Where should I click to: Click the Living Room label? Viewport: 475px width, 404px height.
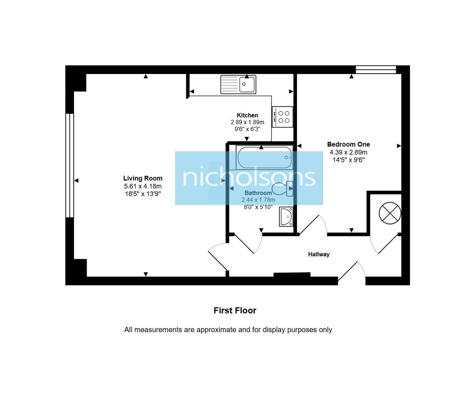pos(142,178)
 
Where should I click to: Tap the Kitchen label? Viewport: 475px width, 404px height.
pos(247,115)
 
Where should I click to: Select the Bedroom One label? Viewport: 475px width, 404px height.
pos(348,144)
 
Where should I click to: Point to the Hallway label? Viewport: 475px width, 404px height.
pos(319,254)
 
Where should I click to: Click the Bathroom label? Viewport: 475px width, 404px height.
pos(258,193)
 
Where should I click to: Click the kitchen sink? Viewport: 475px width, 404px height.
pos(238,84)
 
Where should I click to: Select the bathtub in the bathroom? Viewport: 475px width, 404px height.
pos(264,157)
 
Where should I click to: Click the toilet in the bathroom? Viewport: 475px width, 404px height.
pos(283,189)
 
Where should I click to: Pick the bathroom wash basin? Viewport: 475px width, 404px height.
pos(286,217)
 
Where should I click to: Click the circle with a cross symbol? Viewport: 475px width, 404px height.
pos(390,214)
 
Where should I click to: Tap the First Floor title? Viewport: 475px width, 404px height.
pos(235,310)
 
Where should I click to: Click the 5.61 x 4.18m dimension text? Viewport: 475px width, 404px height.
pos(142,186)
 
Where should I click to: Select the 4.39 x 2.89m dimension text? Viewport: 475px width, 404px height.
pos(348,152)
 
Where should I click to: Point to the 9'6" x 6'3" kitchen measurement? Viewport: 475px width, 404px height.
pos(247,129)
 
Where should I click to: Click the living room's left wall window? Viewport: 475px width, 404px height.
pos(70,165)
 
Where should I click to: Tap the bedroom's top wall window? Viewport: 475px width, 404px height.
pos(376,69)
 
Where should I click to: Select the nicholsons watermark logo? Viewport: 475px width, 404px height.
pos(249,178)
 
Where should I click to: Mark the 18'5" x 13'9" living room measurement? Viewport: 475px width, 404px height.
pos(142,194)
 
